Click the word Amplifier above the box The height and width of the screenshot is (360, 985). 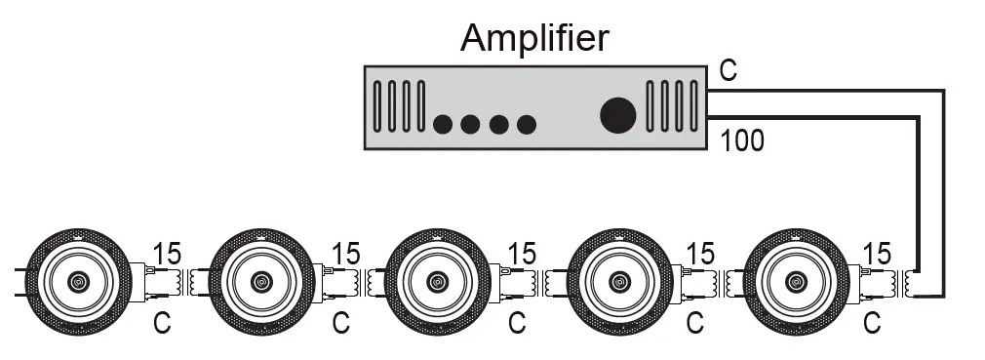point(534,38)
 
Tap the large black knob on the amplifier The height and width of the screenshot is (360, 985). point(617,115)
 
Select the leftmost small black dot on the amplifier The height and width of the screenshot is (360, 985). point(442,125)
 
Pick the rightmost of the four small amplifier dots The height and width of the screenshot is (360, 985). point(527,125)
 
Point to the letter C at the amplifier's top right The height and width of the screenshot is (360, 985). point(728,71)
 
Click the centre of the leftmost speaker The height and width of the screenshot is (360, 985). point(77,282)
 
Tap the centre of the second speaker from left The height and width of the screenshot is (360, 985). point(260,282)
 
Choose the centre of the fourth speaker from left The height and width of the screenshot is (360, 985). point(617,282)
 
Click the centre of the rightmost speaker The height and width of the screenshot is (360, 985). point(795,282)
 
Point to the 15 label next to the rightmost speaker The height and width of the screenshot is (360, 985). point(878,254)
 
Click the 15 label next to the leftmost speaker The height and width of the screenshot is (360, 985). point(168,254)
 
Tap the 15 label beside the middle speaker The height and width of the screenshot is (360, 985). point(522,254)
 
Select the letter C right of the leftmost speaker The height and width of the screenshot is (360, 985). point(163,320)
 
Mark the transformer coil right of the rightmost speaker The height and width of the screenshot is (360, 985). point(912,283)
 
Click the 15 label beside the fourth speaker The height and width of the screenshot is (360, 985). point(700,254)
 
